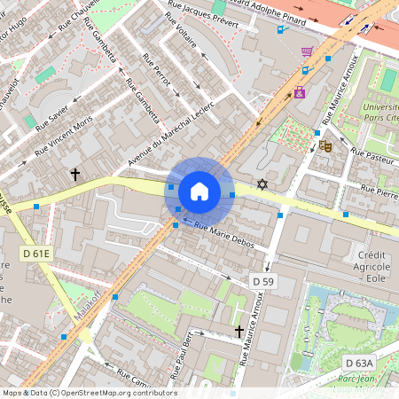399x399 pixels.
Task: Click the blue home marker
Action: coord(199,192)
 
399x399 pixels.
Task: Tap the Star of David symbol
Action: coord(261,184)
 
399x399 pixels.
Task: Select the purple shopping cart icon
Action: coord(307,52)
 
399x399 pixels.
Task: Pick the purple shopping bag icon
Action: coord(300,90)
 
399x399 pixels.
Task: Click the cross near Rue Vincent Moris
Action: coord(75,175)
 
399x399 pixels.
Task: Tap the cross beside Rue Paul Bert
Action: coord(239,331)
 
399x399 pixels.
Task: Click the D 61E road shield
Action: coord(36,254)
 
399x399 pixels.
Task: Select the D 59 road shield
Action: coord(263,281)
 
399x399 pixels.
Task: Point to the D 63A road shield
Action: coord(359,363)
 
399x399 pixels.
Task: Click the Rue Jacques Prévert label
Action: coord(203,17)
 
